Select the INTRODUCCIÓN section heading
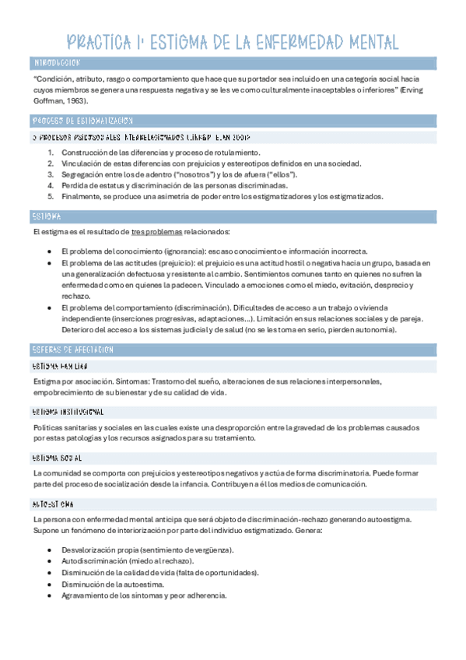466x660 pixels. (x=57, y=63)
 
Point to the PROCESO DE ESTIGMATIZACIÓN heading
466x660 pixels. (x=82, y=121)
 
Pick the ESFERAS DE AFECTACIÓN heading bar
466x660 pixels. (x=74, y=349)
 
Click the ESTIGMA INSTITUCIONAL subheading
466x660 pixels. (x=68, y=411)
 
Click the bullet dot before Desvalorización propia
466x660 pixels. (x=49, y=550)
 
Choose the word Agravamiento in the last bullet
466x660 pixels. (x=84, y=595)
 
